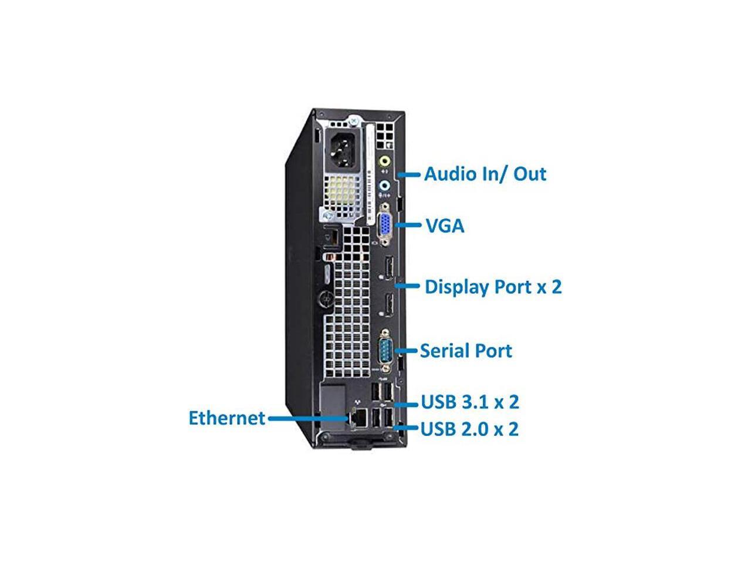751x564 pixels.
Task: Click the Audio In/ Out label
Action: (x=485, y=174)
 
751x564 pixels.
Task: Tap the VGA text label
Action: (x=444, y=226)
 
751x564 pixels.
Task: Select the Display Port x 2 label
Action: (x=493, y=287)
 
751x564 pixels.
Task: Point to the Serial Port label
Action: (x=466, y=351)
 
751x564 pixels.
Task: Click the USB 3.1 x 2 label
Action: (x=470, y=402)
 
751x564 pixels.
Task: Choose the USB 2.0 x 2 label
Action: (x=470, y=429)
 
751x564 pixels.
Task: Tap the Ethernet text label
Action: (x=226, y=418)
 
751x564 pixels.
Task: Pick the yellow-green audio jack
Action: (x=385, y=160)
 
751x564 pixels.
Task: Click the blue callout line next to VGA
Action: (x=408, y=225)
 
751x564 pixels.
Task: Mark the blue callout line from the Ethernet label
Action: (x=308, y=418)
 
